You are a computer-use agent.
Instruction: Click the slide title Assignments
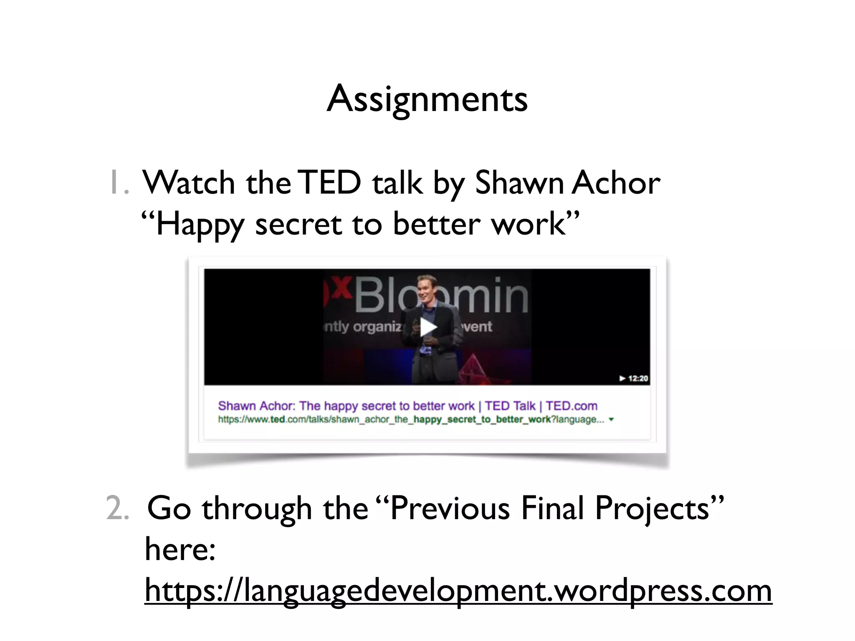click(x=427, y=99)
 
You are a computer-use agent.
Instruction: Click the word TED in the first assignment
click(x=330, y=183)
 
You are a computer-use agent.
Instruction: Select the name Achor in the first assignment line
click(x=616, y=183)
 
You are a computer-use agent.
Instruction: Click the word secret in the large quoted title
click(x=298, y=225)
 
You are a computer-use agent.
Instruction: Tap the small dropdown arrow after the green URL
click(x=612, y=420)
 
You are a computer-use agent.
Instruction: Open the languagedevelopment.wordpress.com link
click(x=458, y=591)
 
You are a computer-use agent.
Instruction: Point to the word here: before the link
click(x=180, y=549)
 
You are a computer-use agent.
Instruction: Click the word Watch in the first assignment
click(x=189, y=183)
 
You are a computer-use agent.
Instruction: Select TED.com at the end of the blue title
click(x=571, y=406)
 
